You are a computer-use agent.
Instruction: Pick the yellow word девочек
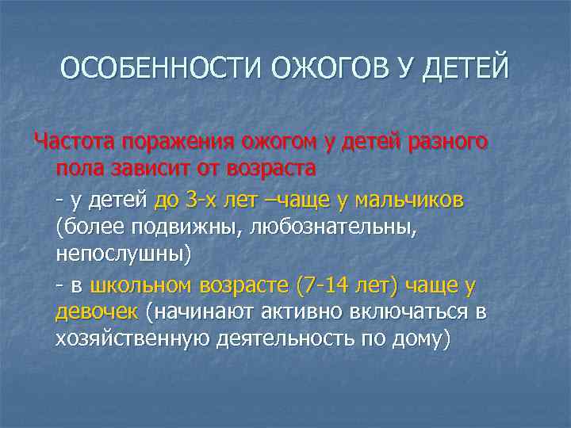tap(96, 312)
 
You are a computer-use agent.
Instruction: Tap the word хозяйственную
tap(132, 341)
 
